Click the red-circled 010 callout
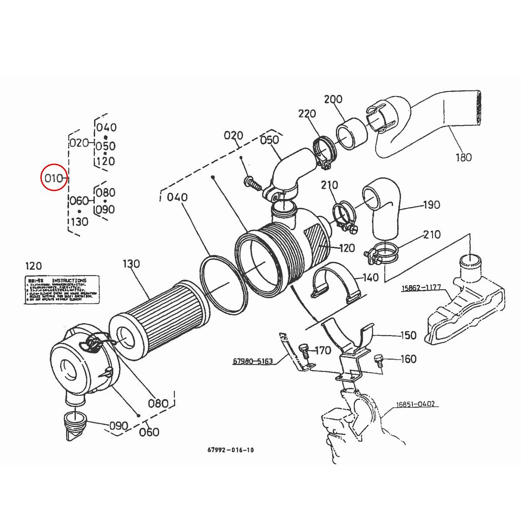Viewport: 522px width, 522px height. click(x=54, y=177)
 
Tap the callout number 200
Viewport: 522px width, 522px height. click(x=333, y=100)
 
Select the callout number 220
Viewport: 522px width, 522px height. click(x=307, y=114)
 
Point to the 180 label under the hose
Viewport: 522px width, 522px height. click(x=463, y=157)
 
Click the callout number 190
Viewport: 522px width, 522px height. click(x=431, y=205)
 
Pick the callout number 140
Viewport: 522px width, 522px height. click(x=371, y=278)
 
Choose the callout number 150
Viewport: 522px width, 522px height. click(x=408, y=335)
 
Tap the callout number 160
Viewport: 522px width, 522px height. click(x=408, y=359)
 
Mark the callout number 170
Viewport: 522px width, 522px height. click(x=322, y=350)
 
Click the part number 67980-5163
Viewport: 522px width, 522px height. click(x=253, y=361)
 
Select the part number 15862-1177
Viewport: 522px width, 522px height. click(x=421, y=288)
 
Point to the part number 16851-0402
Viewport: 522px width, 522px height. click(x=415, y=404)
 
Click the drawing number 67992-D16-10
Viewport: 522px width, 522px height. click(x=231, y=450)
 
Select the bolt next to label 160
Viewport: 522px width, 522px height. click(x=378, y=360)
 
